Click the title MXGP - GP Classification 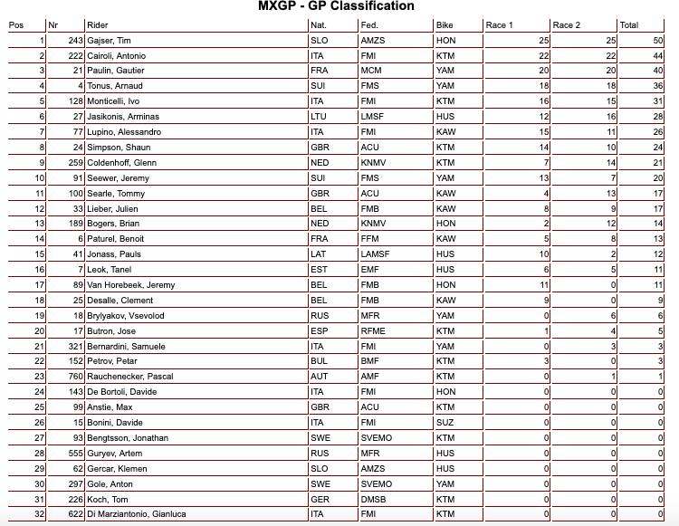(337, 6)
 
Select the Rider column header (97, 24)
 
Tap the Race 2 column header (566, 24)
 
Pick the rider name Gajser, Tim (110, 41)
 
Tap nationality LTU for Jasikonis (319, 117)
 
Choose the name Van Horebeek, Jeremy (130, 284)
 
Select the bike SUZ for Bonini (445, 422)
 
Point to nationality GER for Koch (320, 499)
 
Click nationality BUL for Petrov (319, 361)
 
